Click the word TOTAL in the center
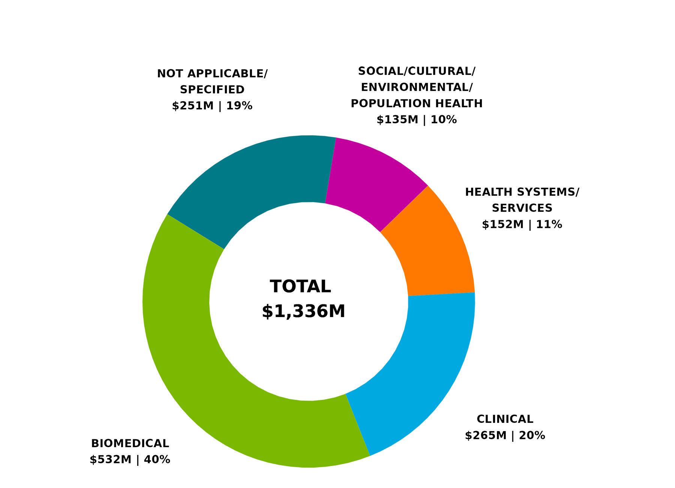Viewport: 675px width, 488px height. (x=300, y=287)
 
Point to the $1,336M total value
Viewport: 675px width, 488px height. (x=303, y=311)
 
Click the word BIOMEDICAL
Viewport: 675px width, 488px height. (x=130, y=443)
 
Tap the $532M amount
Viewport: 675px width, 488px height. (x=111, y=460)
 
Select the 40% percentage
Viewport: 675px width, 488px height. (x=157, y=460)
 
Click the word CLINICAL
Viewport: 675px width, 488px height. (x=505, y=419)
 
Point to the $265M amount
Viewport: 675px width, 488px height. (x=486, y=436)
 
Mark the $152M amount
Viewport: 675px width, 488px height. (x=502, y=225)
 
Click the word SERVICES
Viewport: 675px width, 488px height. (x=522, y=208)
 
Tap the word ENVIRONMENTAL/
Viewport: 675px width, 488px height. (x=417, y=87)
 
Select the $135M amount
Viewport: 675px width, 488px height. (x=397, y=120)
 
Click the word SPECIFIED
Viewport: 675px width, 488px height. (x=212, y=90)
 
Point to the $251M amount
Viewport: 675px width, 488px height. (x=193, y=106)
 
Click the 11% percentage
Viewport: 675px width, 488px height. (x=549, y=225)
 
